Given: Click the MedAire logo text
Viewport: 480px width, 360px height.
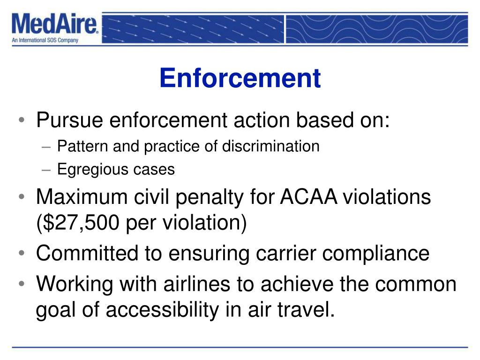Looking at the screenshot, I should [55, 24].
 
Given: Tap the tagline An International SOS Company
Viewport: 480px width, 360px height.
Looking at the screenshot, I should [45, 40].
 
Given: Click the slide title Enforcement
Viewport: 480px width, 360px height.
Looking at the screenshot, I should [240, 78].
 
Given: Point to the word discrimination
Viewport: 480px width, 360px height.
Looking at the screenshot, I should [271, 146].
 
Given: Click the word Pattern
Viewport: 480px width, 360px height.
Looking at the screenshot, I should [75, 146].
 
